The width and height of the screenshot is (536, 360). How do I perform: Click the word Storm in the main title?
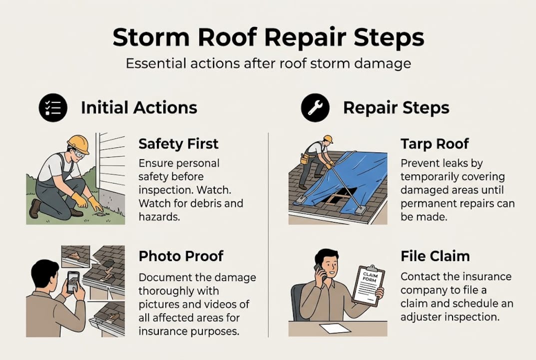pos(149,38)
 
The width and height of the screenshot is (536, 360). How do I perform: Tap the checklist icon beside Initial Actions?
pos(53,107)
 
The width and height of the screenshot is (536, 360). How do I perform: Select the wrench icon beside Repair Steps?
pos(315,107)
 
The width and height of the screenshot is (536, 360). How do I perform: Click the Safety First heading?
pos(178,144)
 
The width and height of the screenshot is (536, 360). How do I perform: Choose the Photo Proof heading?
pos(181,256)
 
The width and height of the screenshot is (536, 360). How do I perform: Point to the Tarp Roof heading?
pos(435,144)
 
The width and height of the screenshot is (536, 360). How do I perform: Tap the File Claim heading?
pos(435,256)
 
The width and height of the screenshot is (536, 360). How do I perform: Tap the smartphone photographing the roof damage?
pos(73,282)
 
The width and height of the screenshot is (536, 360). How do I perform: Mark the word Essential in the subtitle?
pos(155,64)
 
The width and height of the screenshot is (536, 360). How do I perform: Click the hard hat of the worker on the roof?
pos(328,139)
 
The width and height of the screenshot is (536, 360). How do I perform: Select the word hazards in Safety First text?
pos(157,217)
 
